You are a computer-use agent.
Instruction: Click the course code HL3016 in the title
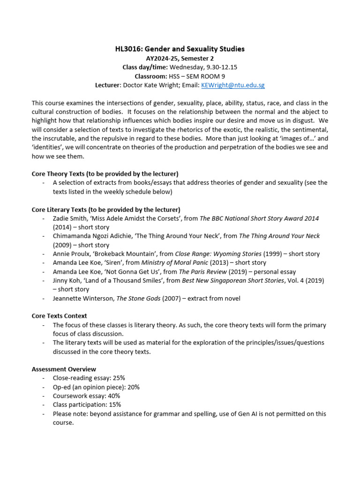click(x=128, y=49)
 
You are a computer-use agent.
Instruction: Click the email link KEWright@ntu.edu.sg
click(x=232, y=85)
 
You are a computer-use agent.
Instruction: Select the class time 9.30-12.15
click(x=207, y=67)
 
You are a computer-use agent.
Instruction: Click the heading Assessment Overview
click(x=64, y=369)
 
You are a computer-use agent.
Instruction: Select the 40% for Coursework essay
click(x=112, y=396)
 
